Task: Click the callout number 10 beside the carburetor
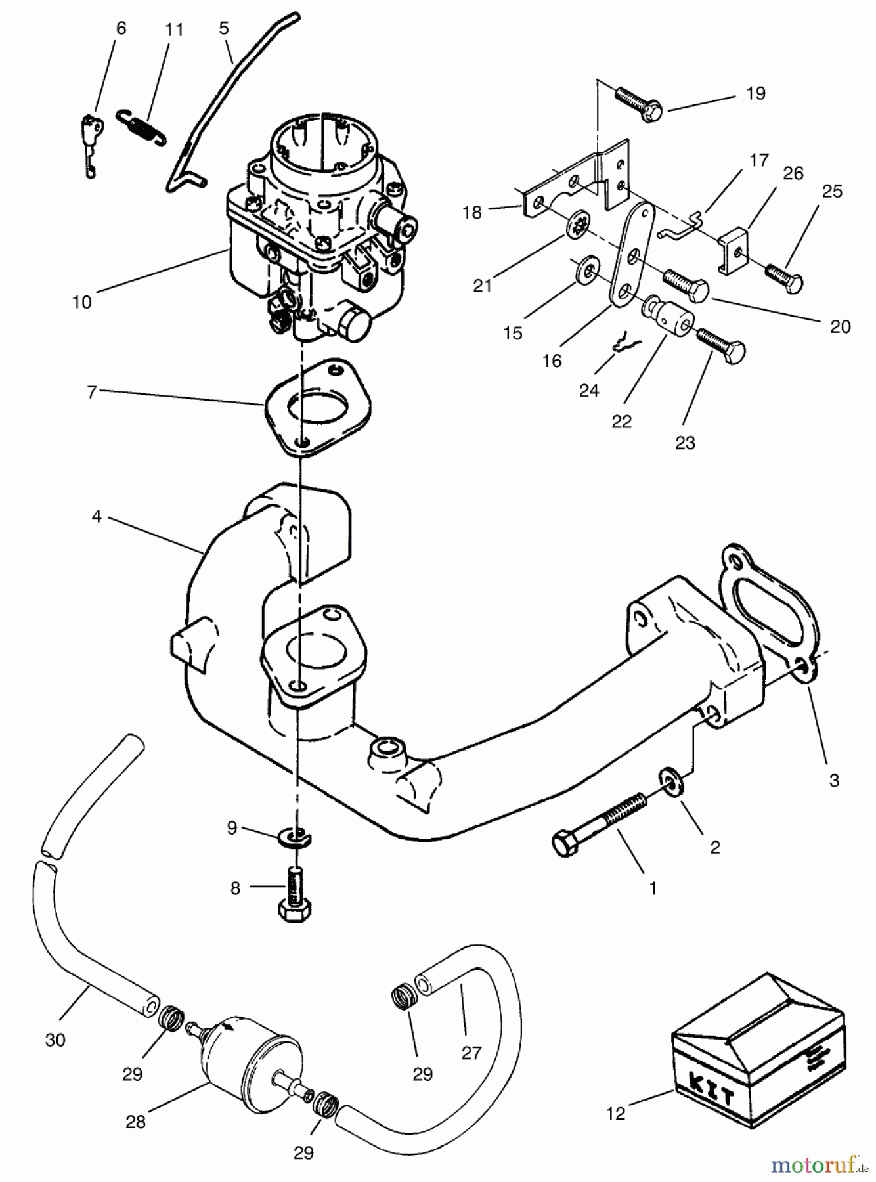click(82, 303)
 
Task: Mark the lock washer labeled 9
click(297, 837)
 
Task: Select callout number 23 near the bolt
click(685, 443)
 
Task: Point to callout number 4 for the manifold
click(97, 517)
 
